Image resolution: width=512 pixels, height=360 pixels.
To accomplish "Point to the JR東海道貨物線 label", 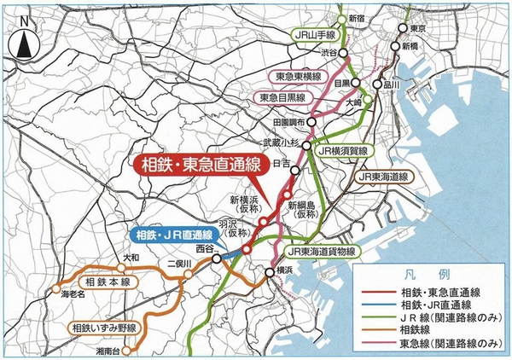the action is click(332, 253).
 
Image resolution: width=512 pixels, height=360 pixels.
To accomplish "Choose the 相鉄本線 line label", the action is click(107, 282).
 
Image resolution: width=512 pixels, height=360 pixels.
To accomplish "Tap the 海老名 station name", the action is click(74, 293).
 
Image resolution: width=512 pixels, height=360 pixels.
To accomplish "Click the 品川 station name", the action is click(392, 84).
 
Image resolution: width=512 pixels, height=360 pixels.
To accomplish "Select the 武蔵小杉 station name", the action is click(279, 143).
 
